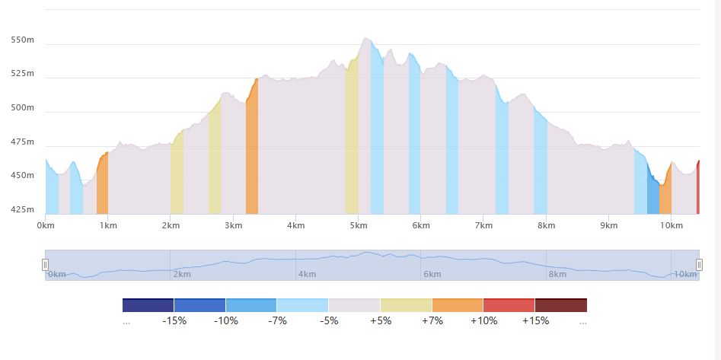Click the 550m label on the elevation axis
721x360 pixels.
22,40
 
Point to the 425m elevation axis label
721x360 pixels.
22,209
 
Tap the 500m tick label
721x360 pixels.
22,107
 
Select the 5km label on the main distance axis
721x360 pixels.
358,225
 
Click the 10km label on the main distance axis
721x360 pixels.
670,225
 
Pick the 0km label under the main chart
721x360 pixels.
46,225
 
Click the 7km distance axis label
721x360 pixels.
483,225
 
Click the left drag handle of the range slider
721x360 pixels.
45,264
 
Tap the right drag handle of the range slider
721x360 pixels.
699,264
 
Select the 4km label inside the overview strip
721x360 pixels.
308,274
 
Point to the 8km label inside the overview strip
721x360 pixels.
558,274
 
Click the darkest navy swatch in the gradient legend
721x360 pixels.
148,305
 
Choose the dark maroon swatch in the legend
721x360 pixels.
561,305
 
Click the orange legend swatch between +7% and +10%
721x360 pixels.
457,305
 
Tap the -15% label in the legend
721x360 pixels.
174,320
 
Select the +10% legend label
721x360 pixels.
483,320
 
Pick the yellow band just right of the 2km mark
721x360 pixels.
177,175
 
